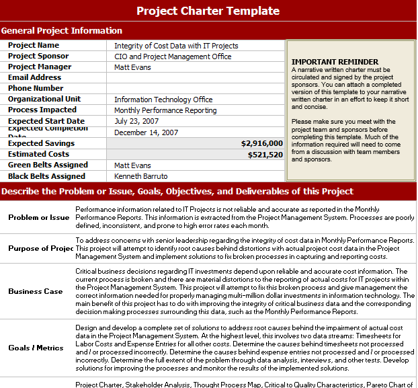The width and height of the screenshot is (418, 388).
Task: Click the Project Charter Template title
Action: point(208,11)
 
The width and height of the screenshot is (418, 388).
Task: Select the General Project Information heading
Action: point(62,30)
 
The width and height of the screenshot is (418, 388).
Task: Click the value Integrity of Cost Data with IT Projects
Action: point(176,46)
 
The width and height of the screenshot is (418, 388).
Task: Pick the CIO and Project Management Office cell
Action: point(173,56)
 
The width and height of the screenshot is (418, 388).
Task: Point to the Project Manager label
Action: point(40,67)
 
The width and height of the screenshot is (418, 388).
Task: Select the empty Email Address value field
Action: point(195,78)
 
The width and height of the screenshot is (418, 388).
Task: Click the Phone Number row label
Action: point(36,88)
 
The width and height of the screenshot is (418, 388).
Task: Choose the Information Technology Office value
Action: point(163,100)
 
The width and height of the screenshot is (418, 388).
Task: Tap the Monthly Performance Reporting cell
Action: point(165,110)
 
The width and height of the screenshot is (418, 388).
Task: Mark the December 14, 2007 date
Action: point(146,132)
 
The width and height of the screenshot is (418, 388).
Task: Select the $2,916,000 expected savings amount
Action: point(261,143)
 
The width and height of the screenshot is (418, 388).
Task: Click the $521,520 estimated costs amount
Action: point(265,154)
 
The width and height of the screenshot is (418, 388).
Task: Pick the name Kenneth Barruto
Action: point(140,176)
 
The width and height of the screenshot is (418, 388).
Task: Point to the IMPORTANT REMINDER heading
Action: point(326,62)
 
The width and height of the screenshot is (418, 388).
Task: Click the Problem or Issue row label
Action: point(39,217)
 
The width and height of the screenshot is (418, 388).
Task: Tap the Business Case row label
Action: point(36,292)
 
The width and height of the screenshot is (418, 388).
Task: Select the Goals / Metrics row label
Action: point(36,348)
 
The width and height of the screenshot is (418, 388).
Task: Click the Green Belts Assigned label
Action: point(48,165)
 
